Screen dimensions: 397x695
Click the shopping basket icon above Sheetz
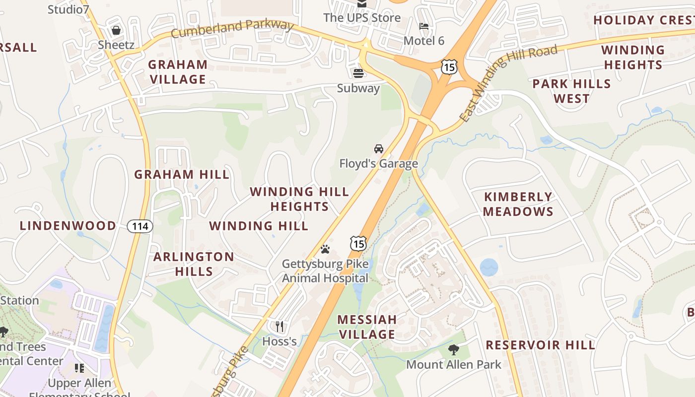[116, 31]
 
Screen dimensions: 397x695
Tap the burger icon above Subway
[358, 73]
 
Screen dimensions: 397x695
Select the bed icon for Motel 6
[424, 26]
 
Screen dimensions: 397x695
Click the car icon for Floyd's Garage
[379, 148]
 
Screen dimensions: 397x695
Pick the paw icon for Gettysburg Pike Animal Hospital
[325, 249]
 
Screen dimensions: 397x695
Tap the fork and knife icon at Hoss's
[279, 326]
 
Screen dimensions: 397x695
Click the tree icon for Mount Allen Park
[453, 349]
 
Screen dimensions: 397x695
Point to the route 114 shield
[140, 226]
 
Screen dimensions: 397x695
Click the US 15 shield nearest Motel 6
[449, 66]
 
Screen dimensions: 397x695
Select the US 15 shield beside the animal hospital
[358, 243]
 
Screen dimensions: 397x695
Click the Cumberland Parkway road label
[232, 28]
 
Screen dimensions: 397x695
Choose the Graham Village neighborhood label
[178, 72]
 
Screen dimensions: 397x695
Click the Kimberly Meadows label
[518, 204]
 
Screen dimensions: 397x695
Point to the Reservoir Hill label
[540, 345]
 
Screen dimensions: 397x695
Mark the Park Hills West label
[571, 91]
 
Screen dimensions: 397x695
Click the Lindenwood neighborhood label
[68, 226]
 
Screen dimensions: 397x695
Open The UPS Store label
[362, 18]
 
